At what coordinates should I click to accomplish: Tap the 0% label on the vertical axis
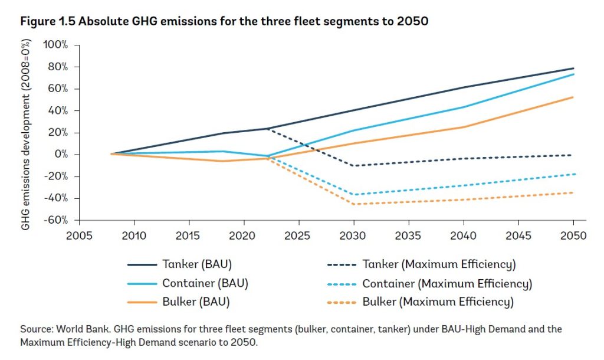point(61,155)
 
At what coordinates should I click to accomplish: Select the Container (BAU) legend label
point(205,283)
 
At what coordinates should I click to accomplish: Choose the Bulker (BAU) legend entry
point(196,303)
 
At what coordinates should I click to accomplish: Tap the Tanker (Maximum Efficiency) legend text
point(439,264)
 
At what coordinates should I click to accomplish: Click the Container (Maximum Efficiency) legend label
point(447,283)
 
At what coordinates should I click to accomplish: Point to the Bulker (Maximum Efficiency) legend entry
point(438,303)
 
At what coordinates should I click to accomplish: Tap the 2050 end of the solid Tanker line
point(573,68)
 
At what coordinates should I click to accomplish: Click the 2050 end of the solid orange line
point(573,97)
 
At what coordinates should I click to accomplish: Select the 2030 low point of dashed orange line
point(353,204)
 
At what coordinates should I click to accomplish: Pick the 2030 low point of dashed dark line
point(353,166)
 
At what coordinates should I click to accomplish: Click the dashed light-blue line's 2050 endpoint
point(573,174)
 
